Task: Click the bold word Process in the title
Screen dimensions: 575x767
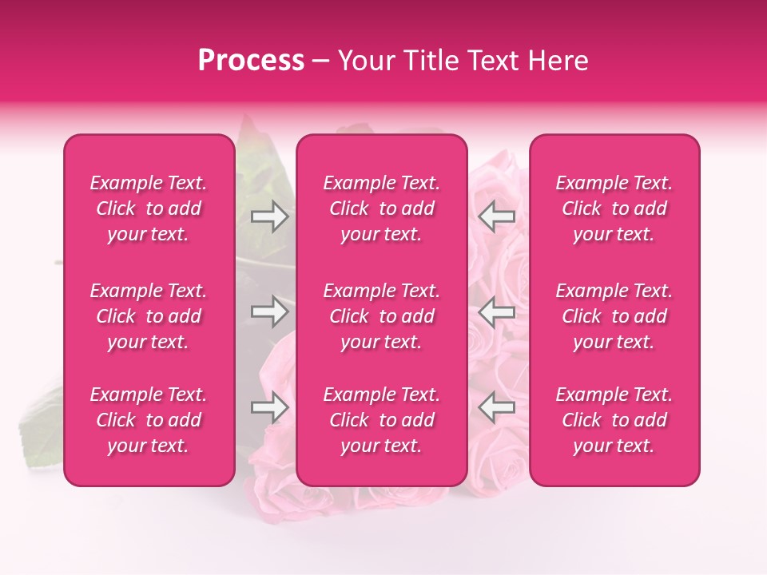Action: pos(251,61)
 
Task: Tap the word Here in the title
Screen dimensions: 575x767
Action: pos(558,61)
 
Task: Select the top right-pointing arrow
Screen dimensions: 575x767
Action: pos(270,216)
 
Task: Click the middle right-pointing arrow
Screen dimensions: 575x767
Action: pos(270,311)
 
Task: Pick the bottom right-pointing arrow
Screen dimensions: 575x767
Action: pos(270,407)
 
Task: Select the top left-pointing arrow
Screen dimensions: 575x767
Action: pos(497,216)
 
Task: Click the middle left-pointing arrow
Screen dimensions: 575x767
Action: pos(497,311)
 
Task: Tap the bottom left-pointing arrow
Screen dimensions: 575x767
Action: pos(497,407)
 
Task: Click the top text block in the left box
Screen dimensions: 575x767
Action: pos(149,208)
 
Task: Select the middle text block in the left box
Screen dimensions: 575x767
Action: pos(149,316)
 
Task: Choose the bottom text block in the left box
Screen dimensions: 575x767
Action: pos(149,420)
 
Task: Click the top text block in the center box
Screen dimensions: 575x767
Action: pos(382,208)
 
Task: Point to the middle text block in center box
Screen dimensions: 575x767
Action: pos(382,316)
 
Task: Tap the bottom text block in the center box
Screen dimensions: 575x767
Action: pos(382,420)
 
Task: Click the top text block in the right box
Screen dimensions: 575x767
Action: pos(614,208)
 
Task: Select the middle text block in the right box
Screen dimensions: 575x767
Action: pos(614,316)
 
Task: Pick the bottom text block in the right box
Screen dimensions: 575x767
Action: pos(614,420)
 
